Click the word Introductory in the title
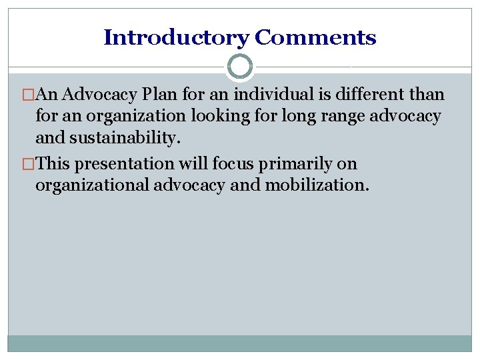coord(176,37)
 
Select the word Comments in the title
coord(315,37)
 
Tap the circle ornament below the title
coord(240,67)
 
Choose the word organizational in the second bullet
coord(93,185)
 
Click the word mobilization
coord(316,185)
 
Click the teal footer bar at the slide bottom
coord(240,343)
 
